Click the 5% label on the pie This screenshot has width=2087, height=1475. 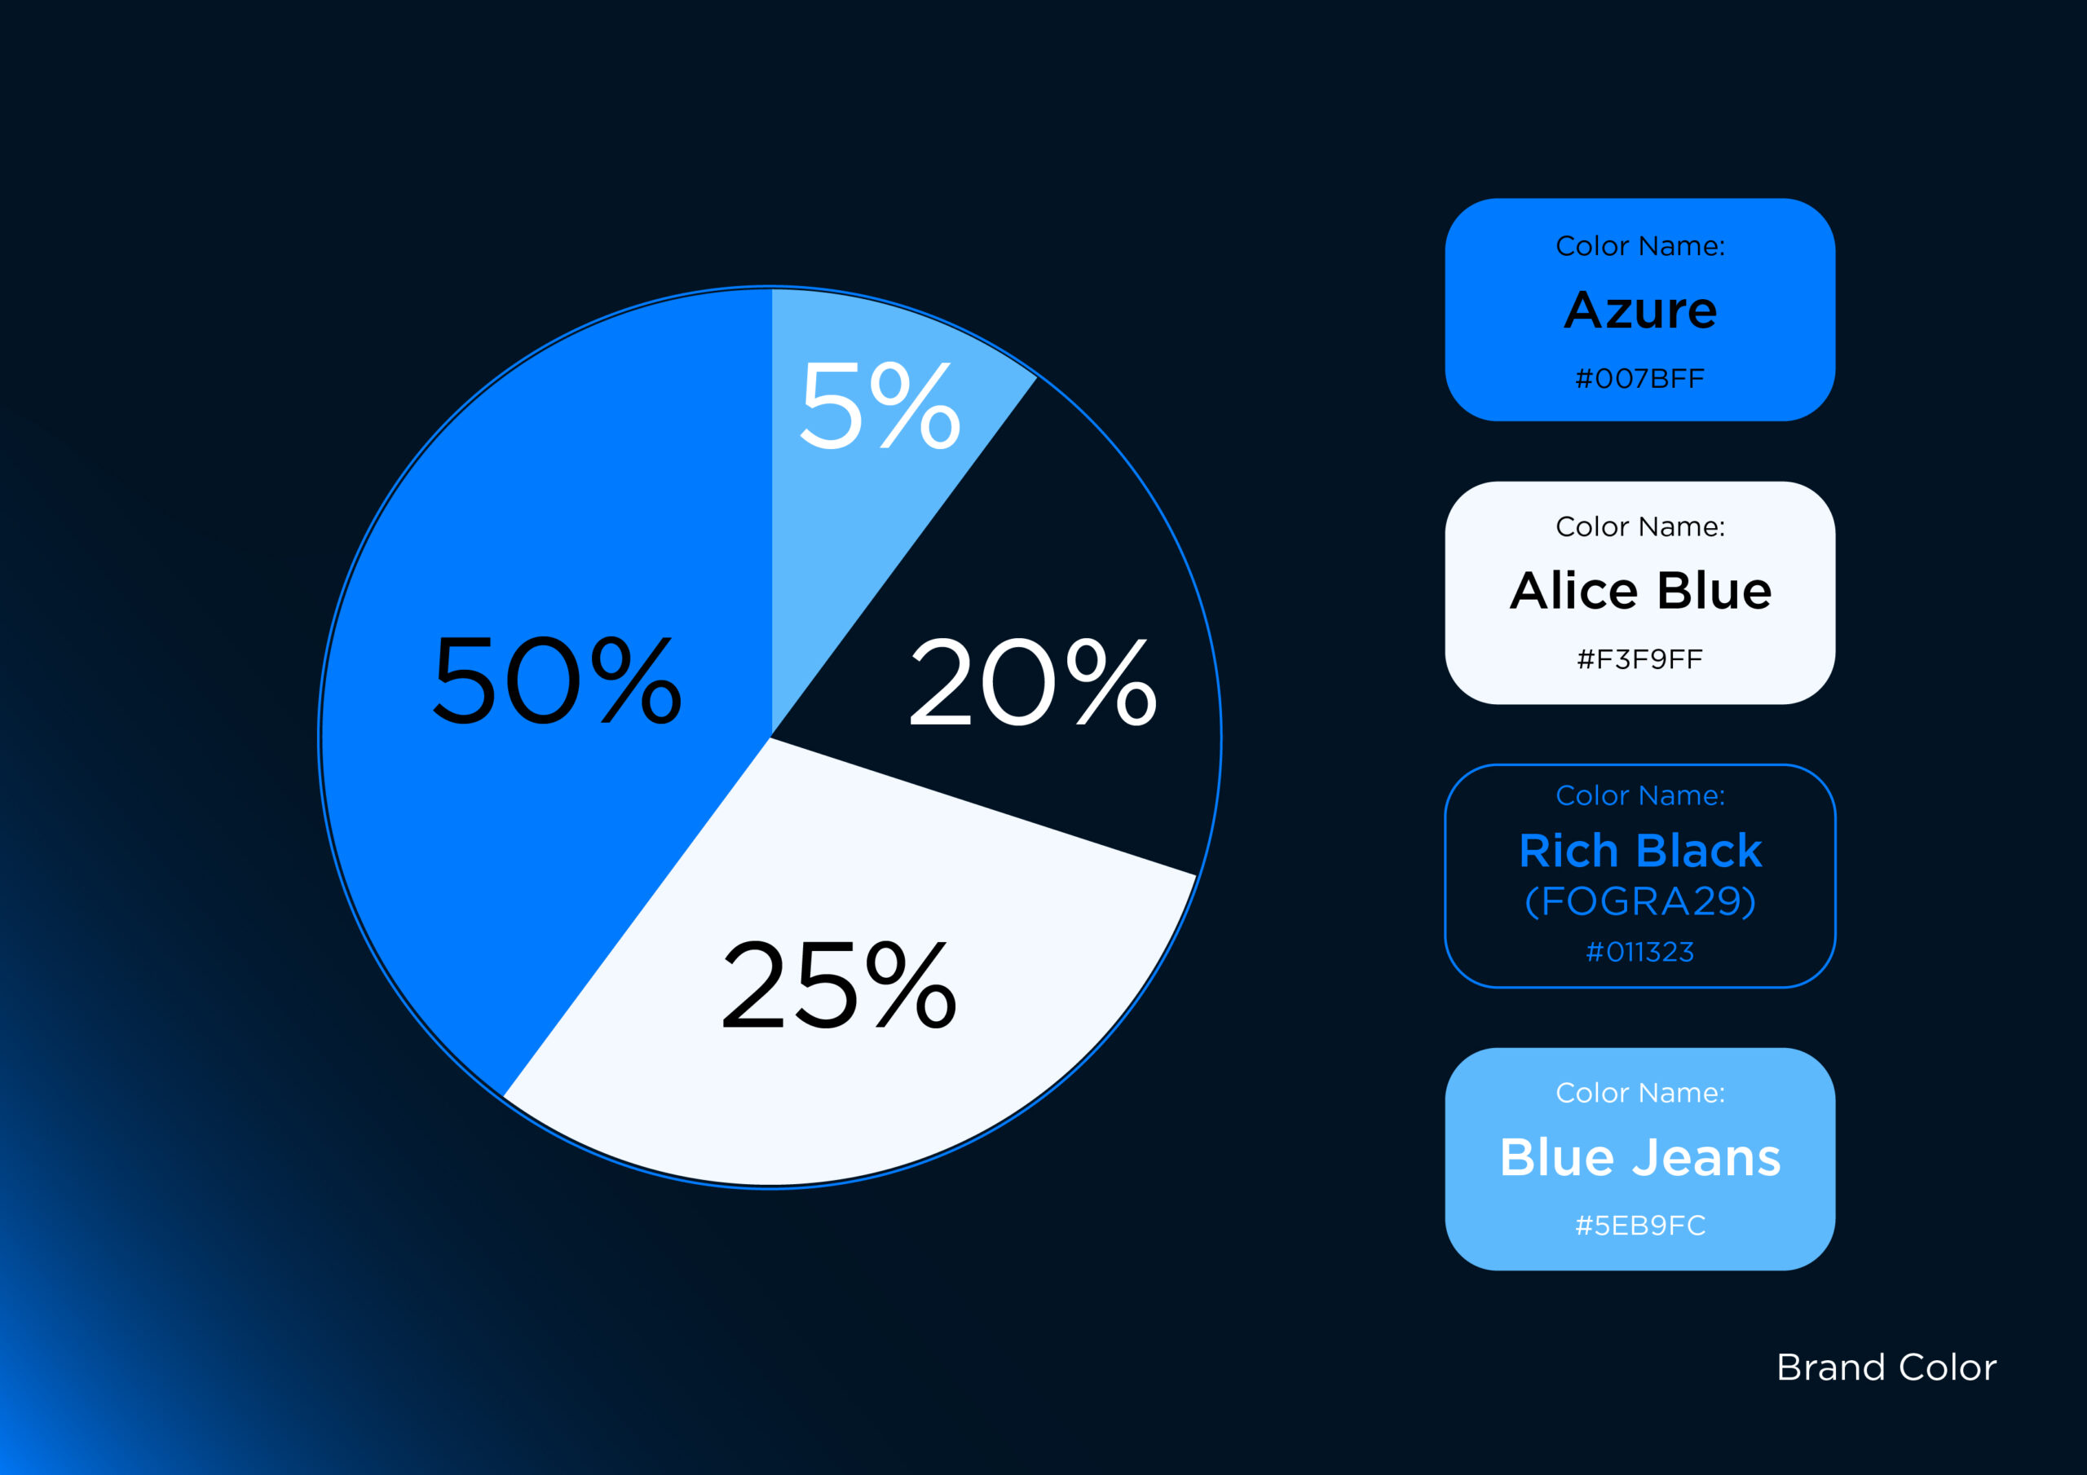pos(880,404)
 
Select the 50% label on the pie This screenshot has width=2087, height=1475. pos(556,680)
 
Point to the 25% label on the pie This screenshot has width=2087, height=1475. pos(839,984)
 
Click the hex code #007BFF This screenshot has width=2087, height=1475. pos(1639,378)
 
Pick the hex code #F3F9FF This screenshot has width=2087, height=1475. pos(1639,659)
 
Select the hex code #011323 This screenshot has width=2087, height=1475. pos(1639,952)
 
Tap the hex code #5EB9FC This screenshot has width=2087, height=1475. pos(1639,1225)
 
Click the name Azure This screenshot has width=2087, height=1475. pos(1639,310)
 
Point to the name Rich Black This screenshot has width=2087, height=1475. pos(1639,851)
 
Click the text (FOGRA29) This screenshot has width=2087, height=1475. pos(1639,901)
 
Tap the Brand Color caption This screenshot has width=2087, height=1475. pos(1886,1367)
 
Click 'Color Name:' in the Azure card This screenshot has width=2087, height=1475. pos(1639,245)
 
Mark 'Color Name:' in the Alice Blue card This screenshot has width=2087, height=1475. pos(1639,526)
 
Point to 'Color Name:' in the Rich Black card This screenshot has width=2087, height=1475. pos(1639,795)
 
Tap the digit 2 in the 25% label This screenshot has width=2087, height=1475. pos(752,984)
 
